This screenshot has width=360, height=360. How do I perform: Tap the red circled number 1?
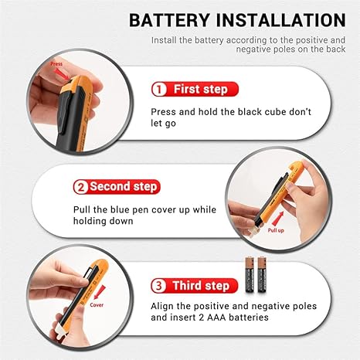coord(160,90)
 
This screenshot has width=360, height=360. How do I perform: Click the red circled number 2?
coord(80,187)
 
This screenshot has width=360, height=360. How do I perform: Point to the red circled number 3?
coord(160,286)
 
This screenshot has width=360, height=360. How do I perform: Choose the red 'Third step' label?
coord(202,286)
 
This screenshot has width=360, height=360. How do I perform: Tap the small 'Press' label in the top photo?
coord(56,65)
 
